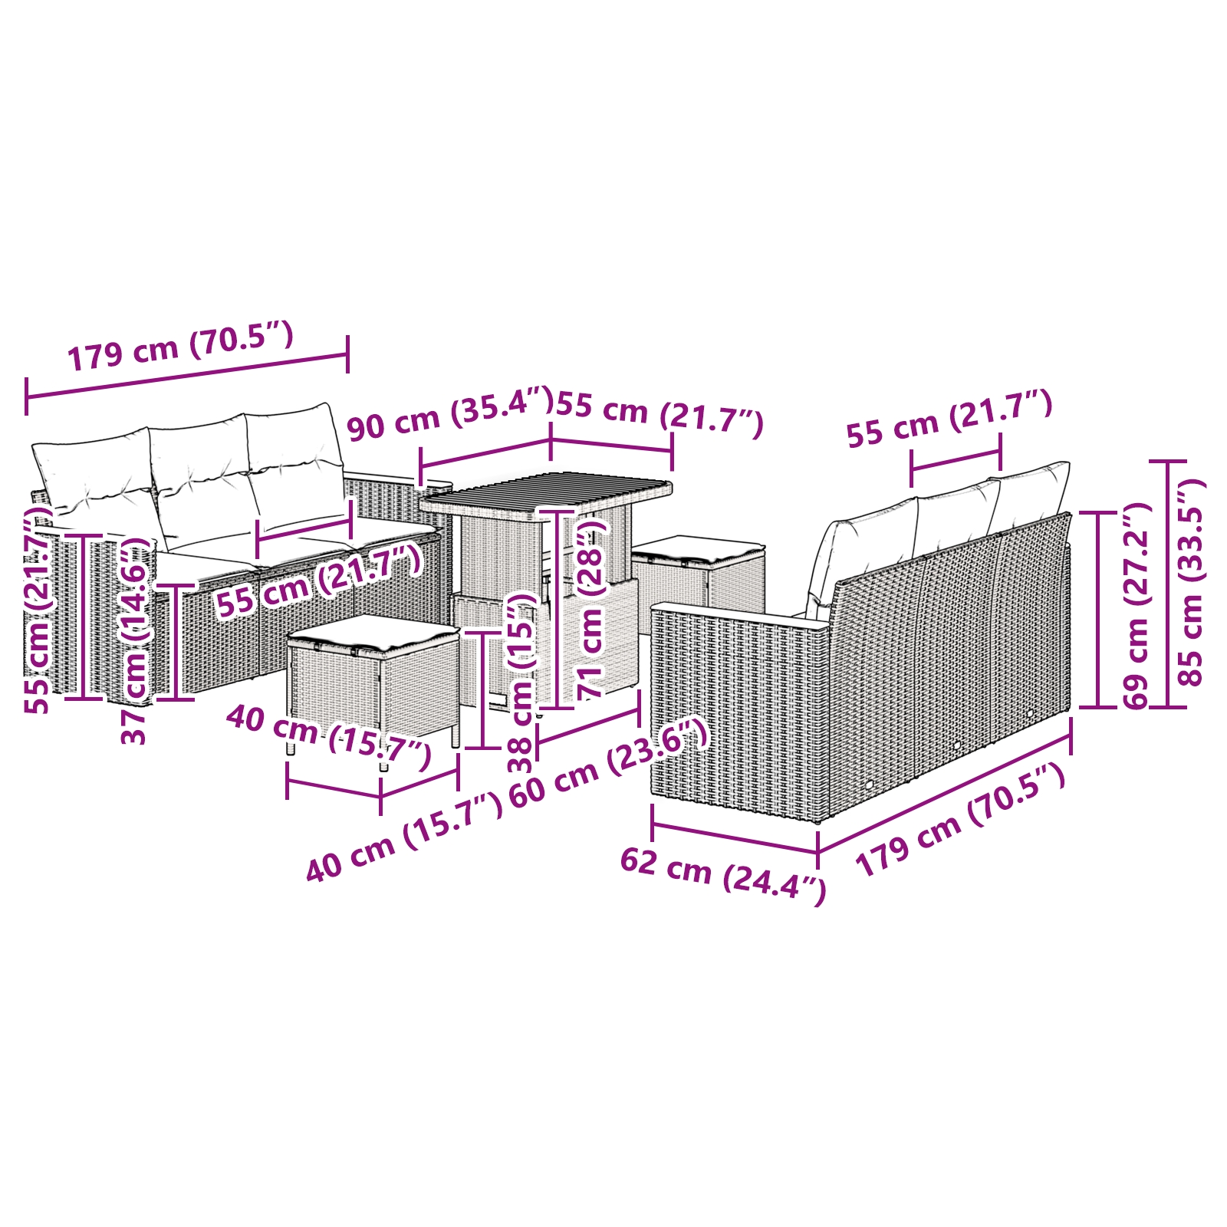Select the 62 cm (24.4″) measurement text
tap(722, 874)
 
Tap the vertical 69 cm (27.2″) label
tap(1135, 606)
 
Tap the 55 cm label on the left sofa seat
tap(318, 582)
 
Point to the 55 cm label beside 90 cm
tap(660, 413)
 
